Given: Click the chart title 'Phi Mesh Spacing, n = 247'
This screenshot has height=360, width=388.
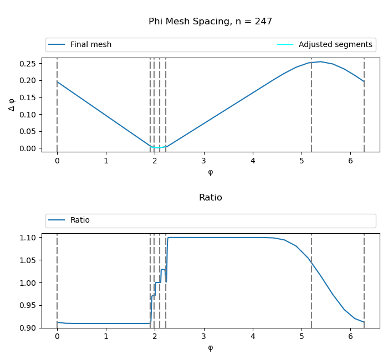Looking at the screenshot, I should (210, 22).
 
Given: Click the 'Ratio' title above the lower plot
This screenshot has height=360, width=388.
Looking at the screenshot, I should (210, 198).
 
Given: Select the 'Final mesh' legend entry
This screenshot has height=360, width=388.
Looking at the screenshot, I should (90, 45).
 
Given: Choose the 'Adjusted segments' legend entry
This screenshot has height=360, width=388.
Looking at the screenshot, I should (335, 45).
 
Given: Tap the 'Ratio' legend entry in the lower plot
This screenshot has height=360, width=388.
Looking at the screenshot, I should (80, 220).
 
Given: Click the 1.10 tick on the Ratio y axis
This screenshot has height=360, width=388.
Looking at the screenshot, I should (27, 238).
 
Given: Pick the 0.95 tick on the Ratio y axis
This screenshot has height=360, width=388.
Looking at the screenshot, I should (27, 305).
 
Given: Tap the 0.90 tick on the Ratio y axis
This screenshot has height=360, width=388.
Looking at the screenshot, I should (27, 328).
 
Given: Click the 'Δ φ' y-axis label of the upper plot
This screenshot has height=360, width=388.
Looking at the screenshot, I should (12, 105).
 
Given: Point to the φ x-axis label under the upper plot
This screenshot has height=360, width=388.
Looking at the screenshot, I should (210, 172).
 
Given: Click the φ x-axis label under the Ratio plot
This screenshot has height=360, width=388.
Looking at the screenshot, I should (210, 348).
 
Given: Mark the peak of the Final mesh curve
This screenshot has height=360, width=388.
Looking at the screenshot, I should (320, 61).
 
